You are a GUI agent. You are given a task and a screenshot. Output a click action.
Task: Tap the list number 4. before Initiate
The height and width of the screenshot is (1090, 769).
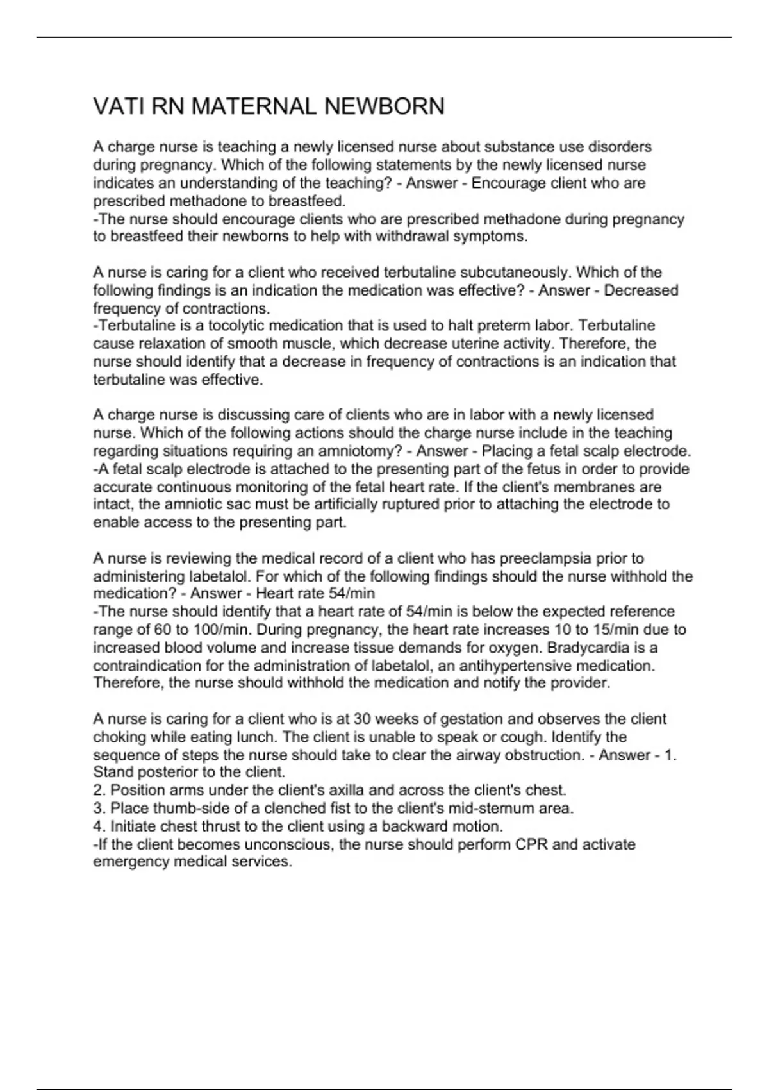(x=99, y=826)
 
